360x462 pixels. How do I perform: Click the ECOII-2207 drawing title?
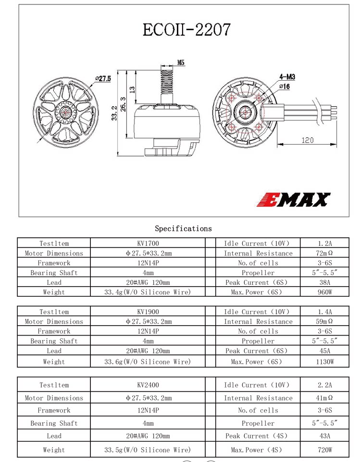tap(186, 29)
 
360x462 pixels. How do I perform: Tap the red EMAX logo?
tap(294, 200)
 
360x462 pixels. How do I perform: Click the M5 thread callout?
tap(181, 62)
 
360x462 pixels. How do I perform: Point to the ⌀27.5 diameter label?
tap(103, 79)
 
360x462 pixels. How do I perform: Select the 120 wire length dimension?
tap(307, 140)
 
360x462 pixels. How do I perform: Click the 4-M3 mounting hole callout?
tap(287, 77)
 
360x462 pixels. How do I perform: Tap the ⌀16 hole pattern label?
tap(285, 86)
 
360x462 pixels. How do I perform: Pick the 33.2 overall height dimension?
tap(114, 113)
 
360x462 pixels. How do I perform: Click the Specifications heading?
tap(184, 228)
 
